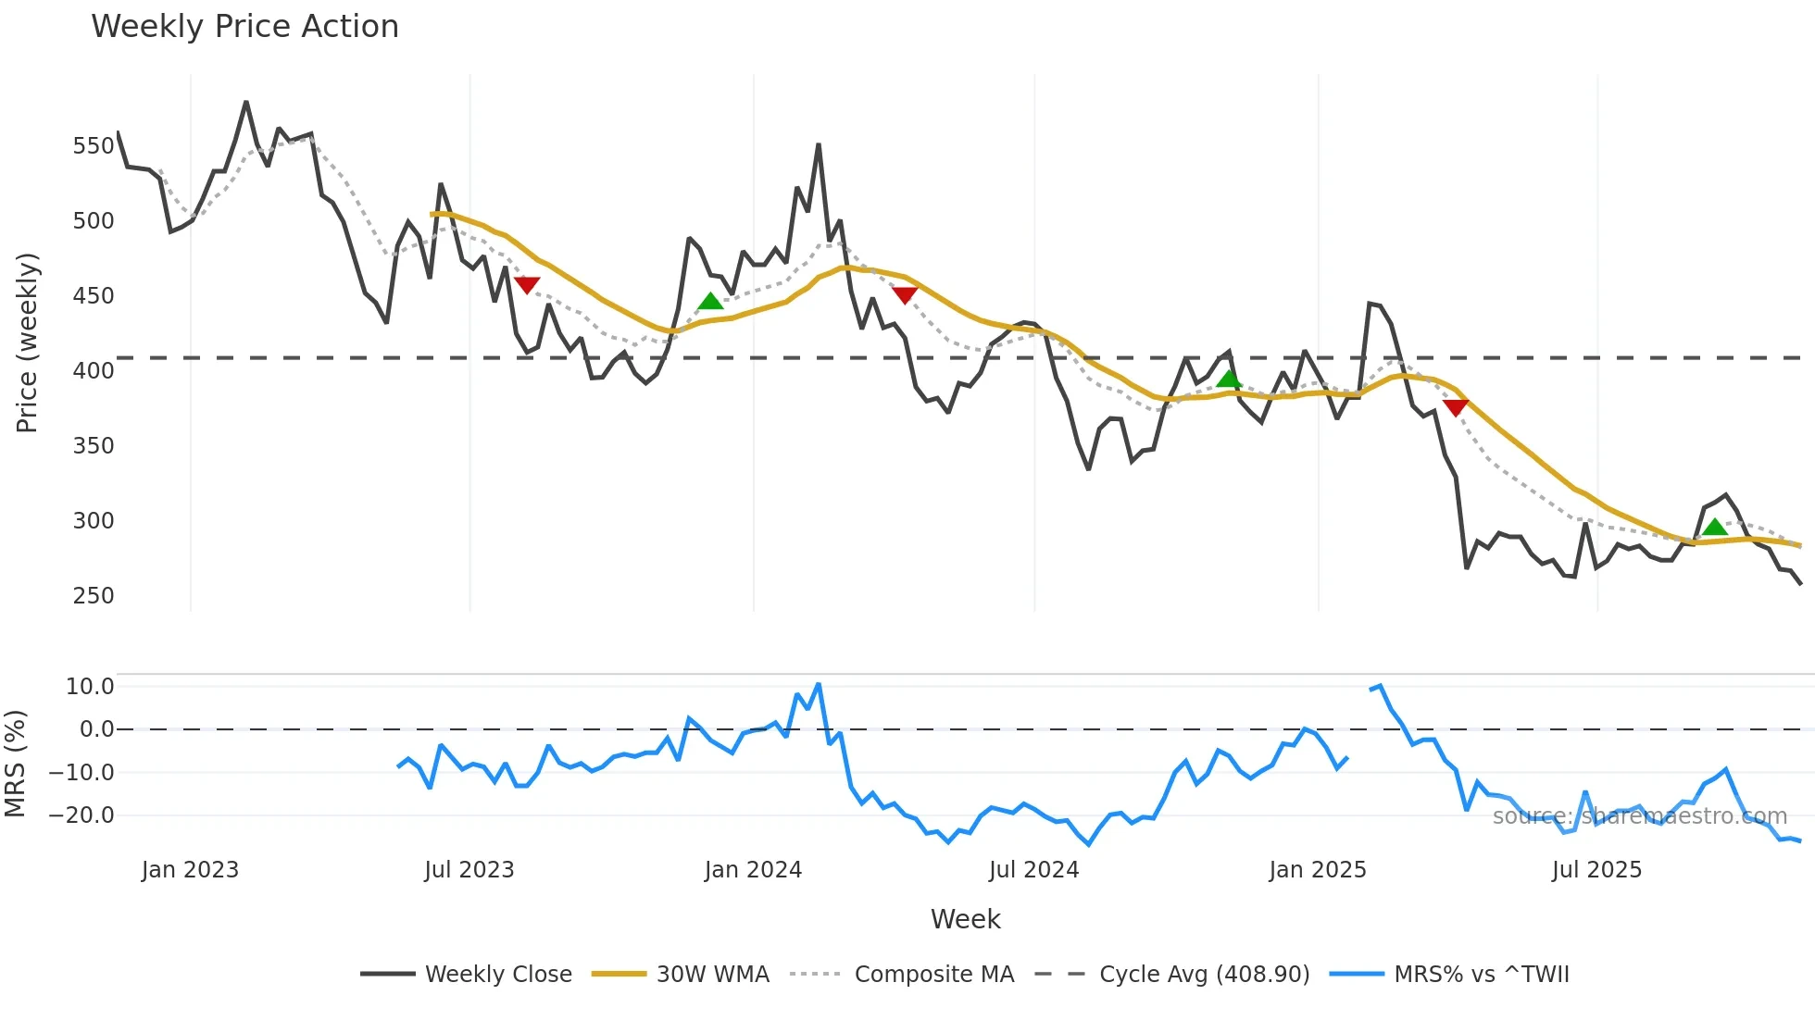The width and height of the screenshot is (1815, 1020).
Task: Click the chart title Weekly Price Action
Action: click(x=244, y=27)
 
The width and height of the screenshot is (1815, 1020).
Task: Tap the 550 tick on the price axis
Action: click(x=94, y=146)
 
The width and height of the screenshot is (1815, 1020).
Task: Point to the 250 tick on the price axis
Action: click(x=94, y=596)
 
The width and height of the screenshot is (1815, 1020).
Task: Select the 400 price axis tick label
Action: click(x=94, y=371)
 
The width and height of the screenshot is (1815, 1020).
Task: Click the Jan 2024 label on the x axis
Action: click(x=753, y=870)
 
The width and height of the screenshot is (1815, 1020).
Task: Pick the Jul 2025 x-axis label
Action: click(x=1596, y=870)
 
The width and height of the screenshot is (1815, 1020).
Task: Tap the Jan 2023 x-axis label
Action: click(x=190, y=870)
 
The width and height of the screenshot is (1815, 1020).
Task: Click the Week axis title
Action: click(x=965, y=919)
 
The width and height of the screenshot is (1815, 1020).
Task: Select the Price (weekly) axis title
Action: click(x=27, y=342)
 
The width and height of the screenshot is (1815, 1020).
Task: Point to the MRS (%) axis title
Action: click(x=15, y=764)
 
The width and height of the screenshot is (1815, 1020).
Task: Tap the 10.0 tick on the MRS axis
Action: click(x=90, y=687)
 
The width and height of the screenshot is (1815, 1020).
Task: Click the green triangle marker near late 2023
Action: click(x=710, y=301)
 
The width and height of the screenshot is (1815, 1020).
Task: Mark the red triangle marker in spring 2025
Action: click(x=1456, y=407)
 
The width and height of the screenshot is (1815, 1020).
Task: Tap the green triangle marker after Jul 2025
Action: click(x=1715, y=527)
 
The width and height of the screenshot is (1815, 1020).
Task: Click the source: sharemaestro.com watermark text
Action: click(x=1639, y=816)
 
